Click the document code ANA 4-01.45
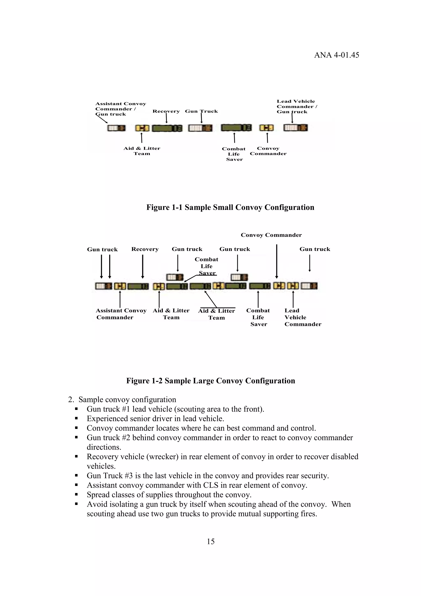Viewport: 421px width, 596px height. [337, 55]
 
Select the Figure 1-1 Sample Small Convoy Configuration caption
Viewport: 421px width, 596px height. [230, 207]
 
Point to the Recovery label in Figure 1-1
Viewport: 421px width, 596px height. [166, 111]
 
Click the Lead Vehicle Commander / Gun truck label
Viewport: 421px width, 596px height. [297, 107]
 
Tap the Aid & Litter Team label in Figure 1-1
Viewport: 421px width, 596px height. [142, 151]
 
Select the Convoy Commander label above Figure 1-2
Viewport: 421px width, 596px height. [271, 235]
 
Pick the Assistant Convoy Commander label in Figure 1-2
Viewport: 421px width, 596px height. [121, 314]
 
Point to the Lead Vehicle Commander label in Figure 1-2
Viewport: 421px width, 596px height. [302, 317]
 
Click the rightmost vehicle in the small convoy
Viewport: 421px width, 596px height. [295, 128]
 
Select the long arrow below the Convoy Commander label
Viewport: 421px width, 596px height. [276, 261]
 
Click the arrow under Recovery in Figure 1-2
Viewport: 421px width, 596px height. [143, 266]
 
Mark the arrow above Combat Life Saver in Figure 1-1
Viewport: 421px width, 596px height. [234, 138]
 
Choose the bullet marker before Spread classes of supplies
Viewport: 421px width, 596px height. [76, 495]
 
